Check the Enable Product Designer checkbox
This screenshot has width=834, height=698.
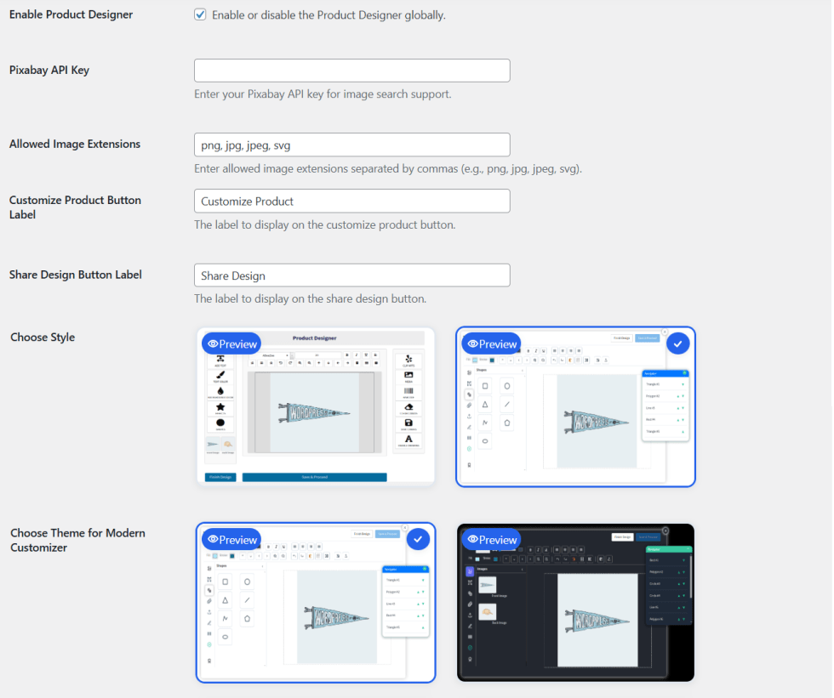point(200,14)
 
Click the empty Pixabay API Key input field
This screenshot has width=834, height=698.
point(351,71)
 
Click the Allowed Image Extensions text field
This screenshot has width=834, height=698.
point(351,145)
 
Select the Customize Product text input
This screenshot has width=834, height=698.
point(351,201)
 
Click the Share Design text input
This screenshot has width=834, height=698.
point(351,275)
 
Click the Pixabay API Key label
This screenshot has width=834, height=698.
point(49,71)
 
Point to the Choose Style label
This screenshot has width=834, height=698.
point(43,338)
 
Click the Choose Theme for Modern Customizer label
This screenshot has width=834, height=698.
point(77,540)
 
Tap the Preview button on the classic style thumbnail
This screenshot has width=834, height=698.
point(232,343)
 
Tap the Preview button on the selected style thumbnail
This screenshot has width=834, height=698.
point(492,343)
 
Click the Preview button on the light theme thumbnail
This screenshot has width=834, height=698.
point(232,539)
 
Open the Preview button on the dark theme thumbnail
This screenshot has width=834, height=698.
point(492,539)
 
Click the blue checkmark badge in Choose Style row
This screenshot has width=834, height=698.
point(677,343)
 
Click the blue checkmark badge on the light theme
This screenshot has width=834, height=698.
point(418,539)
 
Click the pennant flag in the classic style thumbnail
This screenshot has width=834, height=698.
point(313,412)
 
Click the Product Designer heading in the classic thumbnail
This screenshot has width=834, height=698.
point(316,338)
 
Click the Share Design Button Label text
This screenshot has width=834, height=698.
point(76,275)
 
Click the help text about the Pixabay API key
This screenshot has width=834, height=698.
point(323,94)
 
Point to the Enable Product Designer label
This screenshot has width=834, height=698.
point(71,14)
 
